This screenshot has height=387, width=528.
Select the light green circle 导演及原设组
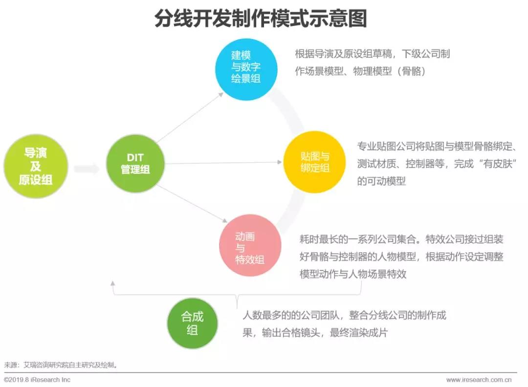36,166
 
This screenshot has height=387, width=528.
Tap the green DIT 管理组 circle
135,164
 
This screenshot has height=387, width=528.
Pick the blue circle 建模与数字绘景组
246,69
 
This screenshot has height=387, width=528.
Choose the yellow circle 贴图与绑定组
314,162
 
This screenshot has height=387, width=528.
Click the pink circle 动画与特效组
250,245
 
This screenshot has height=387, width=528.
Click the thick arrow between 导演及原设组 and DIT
86,169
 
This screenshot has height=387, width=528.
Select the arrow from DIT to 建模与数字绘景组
190,117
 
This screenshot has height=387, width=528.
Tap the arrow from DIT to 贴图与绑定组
223,163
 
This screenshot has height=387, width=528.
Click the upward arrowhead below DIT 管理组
113,283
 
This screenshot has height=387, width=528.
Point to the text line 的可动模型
381,181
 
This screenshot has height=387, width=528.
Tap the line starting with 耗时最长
401,239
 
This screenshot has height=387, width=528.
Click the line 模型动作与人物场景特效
353,274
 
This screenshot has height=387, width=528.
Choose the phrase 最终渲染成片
359,333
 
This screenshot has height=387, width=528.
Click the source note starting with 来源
61,365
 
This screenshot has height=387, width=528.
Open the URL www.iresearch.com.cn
479,380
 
